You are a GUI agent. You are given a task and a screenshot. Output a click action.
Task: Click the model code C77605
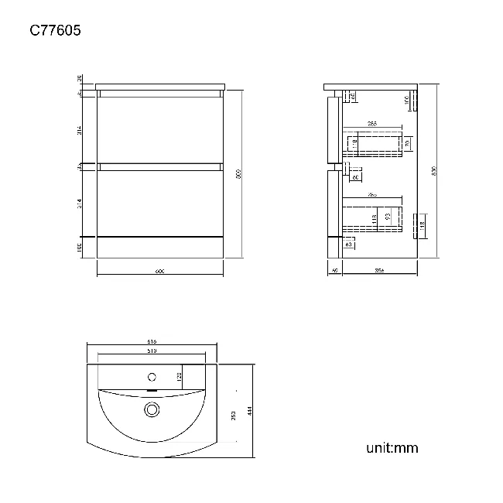coord(55,31)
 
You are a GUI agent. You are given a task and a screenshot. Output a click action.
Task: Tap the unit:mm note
coord(392,447)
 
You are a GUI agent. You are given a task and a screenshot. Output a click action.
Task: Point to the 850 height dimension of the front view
coord(239,174)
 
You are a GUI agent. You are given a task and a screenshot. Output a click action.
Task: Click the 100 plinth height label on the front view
coord(80,247)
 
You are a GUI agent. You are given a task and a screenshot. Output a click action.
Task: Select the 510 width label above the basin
coord(152,351)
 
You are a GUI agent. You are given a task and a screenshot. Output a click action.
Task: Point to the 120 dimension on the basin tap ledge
coord(179,376)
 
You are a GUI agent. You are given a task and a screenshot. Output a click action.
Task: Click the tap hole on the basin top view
coord(152,378)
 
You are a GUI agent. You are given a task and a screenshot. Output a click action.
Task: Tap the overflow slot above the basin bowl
coord(152,392)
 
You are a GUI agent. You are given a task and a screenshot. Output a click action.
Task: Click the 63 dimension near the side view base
coord(348,245)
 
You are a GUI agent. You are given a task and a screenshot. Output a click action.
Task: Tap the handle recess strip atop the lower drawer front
coord(160,166)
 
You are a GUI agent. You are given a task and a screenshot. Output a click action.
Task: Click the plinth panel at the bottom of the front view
coord(160,246)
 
